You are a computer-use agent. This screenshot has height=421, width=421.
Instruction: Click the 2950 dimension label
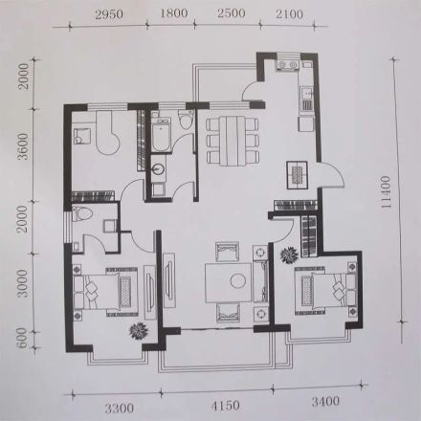(109, 15)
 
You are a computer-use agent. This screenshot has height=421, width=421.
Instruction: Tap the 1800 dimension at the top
(174, 13)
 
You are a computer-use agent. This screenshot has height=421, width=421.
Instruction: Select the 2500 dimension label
(232, 13)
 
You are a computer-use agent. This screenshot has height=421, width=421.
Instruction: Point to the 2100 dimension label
(289, 14)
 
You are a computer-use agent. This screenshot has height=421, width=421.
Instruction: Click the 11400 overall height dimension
(386, 192)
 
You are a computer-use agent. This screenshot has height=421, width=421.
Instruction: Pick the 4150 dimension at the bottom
(225, 406)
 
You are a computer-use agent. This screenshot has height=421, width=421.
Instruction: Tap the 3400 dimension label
(325, 401)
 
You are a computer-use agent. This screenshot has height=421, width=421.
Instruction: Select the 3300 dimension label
(120, 408)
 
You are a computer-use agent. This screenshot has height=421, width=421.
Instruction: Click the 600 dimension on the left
(22, 339)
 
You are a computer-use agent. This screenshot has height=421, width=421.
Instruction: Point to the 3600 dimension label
(23, 146)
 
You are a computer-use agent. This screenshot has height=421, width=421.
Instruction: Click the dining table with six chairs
(233, 141)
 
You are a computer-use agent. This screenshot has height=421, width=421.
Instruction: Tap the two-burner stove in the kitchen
(288, 65)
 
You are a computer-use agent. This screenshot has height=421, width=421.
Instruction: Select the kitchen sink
(306, 94)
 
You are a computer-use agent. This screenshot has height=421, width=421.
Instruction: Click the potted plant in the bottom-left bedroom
(139, 331)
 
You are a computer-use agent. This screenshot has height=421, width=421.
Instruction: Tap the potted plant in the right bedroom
(289, 255)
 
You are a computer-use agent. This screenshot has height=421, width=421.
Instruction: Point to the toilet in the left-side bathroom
(81, 214)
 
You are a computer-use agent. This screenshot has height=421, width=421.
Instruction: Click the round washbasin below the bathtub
(159, 168)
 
